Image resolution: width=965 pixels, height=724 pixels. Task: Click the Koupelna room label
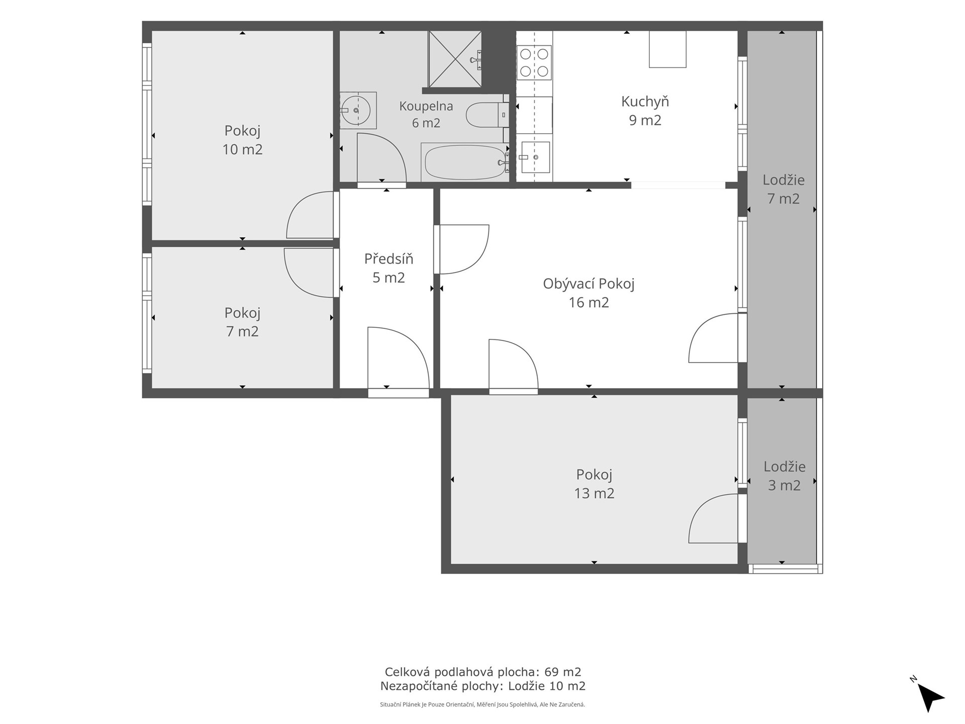[426, 106]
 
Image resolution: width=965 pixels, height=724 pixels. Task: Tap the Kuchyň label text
[645, 101]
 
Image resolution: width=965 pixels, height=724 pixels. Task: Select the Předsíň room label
[389, 258]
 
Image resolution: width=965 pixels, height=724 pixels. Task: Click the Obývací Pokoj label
[589, 284]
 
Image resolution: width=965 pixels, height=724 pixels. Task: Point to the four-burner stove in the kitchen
[534, 62]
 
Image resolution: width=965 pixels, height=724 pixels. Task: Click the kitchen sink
[535, 157]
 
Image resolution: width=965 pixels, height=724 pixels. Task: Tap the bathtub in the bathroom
[464, 162]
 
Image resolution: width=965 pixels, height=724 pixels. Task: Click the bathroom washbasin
[357, 110]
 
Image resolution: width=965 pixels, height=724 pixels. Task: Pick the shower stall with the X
[455, 59]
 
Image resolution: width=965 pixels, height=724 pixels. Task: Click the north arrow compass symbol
[930, 695]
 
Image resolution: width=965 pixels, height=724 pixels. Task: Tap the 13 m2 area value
[594, 493]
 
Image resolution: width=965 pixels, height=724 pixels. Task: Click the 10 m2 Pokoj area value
[242, 149]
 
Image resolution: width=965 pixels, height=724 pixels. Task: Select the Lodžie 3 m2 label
[784, 476]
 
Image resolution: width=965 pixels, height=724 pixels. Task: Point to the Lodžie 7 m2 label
[783, 189]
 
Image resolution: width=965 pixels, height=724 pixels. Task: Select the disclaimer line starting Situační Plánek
[482, 704]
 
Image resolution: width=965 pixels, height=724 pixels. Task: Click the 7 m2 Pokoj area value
[242, 331]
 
